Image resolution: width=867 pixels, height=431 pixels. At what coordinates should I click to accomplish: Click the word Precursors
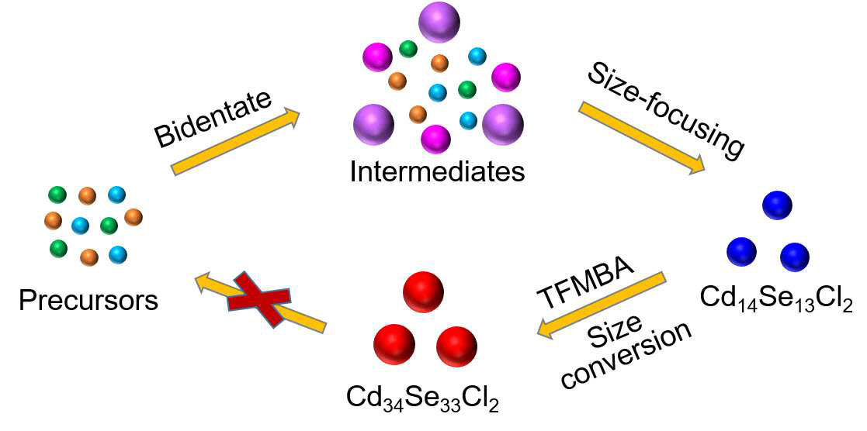[x=88, y=302]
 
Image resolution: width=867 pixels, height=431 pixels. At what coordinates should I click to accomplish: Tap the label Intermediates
[x=437, y=172]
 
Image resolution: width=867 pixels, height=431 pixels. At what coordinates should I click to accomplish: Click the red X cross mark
[x=259, y=299]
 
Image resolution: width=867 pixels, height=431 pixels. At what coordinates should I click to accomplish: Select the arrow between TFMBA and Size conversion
[x=602, y=305]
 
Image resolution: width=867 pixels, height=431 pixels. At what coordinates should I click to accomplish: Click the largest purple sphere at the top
[x=439, y=22]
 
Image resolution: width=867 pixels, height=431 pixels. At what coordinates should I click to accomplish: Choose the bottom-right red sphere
[x=456, y=347]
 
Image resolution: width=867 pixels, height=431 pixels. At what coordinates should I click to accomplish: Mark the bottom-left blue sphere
[x=741, y=252]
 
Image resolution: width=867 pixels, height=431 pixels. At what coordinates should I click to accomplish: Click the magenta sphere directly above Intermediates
[x=435, y=140]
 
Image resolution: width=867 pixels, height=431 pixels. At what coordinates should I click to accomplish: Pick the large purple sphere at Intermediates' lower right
[x=503, y=124]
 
